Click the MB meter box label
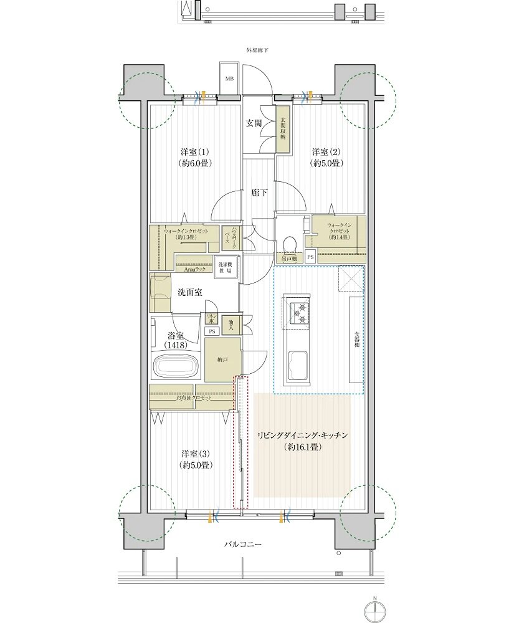coord(229,78)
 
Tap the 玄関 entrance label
coord(253,123)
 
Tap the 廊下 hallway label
coord(259,193)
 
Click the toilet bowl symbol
coord(288,244)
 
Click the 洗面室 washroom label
coord(189,292)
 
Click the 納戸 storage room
coord(221,359)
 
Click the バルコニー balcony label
coord(244,545)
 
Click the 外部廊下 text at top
coord(255,50)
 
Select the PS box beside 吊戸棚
coord(310,255)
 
